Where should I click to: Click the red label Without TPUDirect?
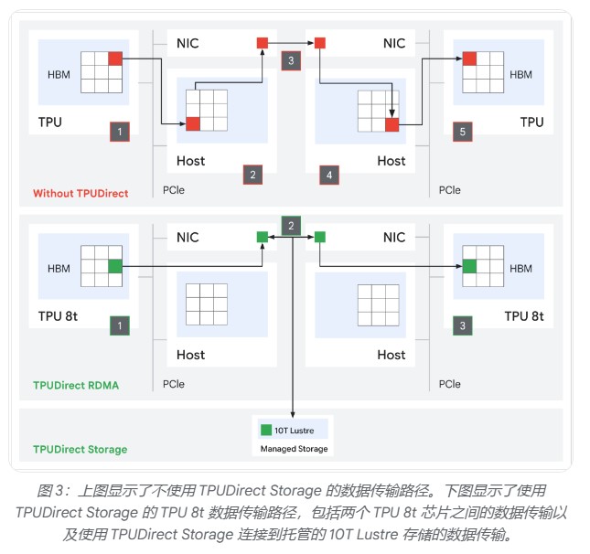80,193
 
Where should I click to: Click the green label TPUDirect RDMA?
76,385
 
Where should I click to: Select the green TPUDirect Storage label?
80,449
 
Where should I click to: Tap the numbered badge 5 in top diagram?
463,132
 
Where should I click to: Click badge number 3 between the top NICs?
291,61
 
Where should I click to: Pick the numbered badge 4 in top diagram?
328,174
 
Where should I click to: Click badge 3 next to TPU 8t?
463,325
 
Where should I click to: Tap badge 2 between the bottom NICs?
291,226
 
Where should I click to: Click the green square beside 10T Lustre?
265,429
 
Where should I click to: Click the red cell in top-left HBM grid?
115,59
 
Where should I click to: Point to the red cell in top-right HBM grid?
469,59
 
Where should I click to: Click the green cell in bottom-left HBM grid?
115,267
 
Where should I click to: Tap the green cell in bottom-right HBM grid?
469,267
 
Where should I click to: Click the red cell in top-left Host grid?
193,124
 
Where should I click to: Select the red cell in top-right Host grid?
392,124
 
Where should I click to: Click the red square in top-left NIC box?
263,43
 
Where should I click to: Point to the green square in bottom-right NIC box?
320,237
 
